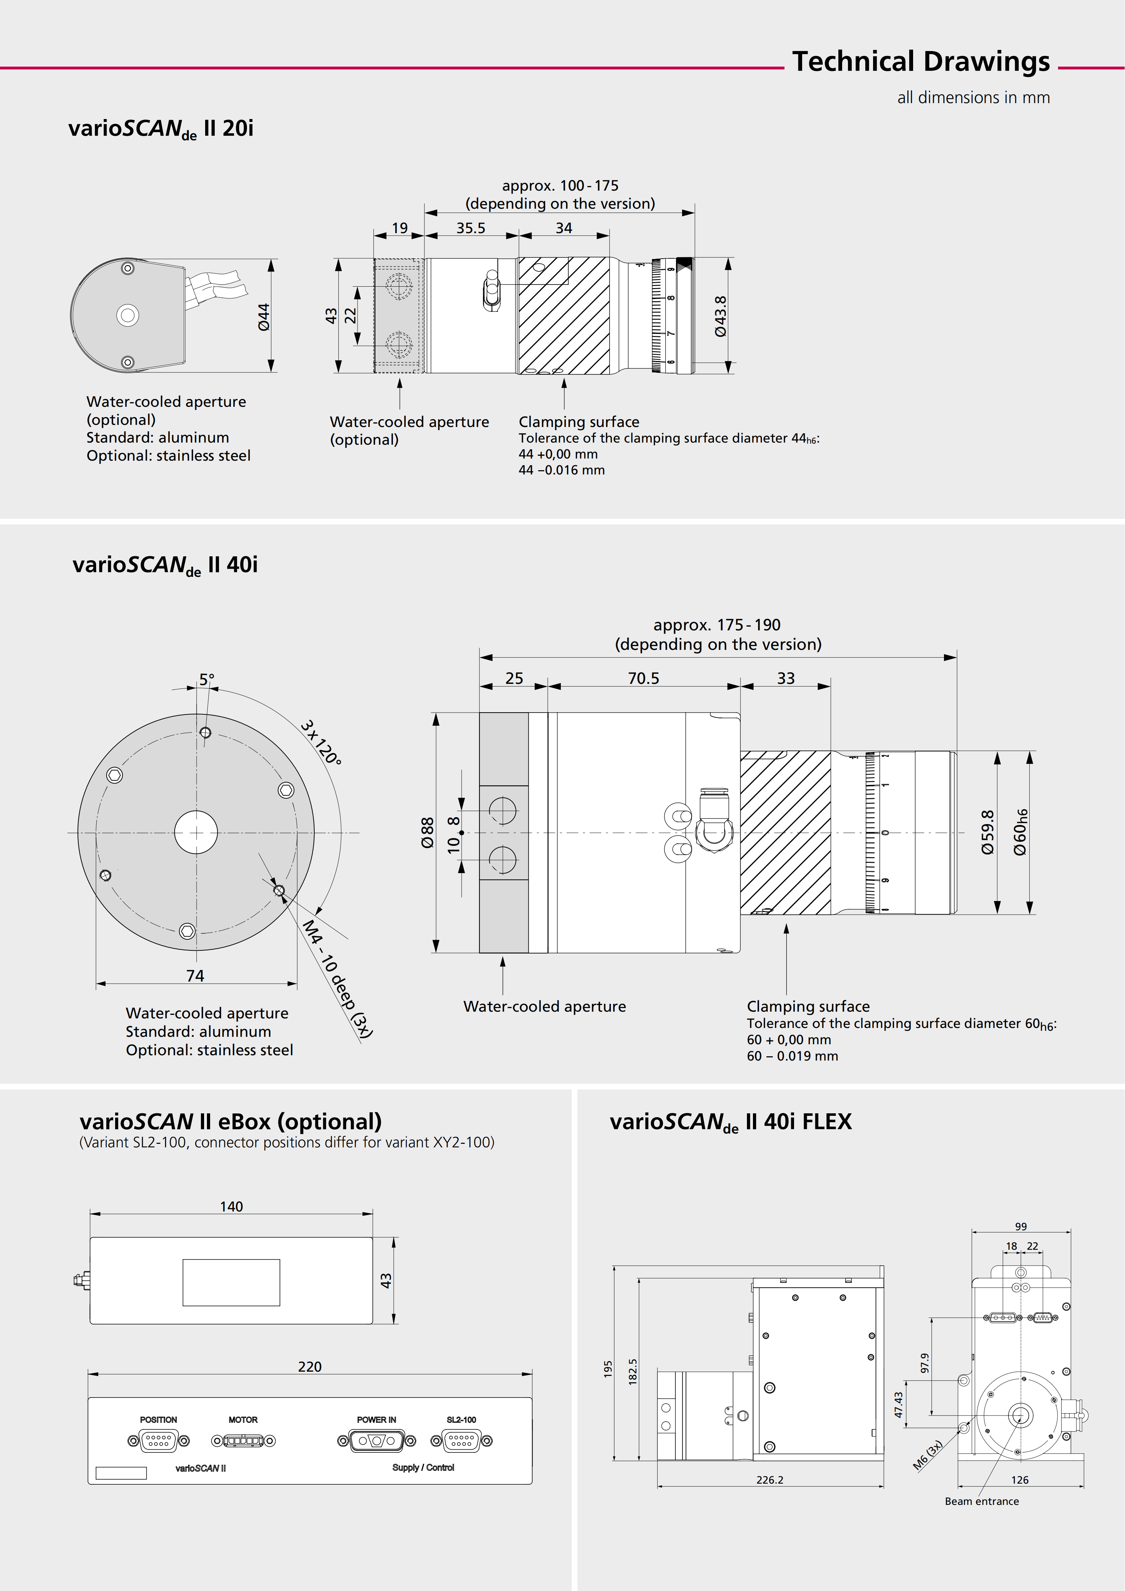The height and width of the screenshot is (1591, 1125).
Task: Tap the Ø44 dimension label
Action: (x=263, y=317)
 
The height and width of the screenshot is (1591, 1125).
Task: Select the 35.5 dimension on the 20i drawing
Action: (x=470, y=228)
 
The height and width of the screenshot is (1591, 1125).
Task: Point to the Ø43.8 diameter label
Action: (x=720, y=317)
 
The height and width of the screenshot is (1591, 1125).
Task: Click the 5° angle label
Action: (x=207, y=680)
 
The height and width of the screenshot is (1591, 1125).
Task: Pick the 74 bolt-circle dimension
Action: (x=195, y=976)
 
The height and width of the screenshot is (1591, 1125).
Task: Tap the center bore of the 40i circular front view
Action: (x=196, y=832)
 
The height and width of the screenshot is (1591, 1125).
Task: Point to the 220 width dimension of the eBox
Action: (x=310, y=1366)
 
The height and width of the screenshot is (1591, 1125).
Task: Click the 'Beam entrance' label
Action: (x=981, y=1501)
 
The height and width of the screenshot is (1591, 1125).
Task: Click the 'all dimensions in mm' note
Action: (x=973, y=98)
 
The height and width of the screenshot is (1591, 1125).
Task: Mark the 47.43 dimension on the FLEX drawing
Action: (x=899, y=1405)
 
